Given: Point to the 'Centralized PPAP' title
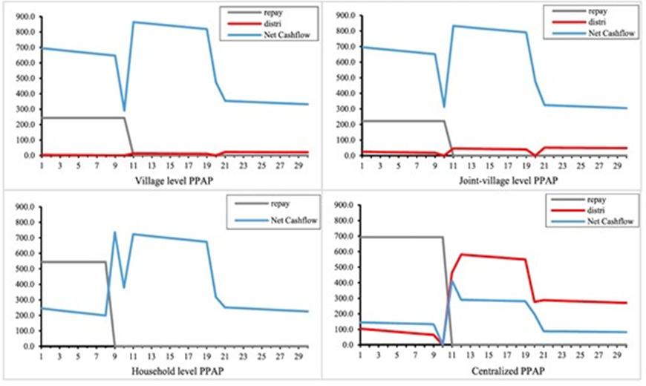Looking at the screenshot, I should coord(491,370).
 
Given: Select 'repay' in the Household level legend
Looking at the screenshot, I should coord(270,203).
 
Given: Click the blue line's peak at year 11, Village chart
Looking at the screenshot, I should coord(134,22).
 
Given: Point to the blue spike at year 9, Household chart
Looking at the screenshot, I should coord(115,232).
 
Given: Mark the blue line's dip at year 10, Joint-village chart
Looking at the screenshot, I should coord(444,108).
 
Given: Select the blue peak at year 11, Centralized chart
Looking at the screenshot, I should coord(453,281).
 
